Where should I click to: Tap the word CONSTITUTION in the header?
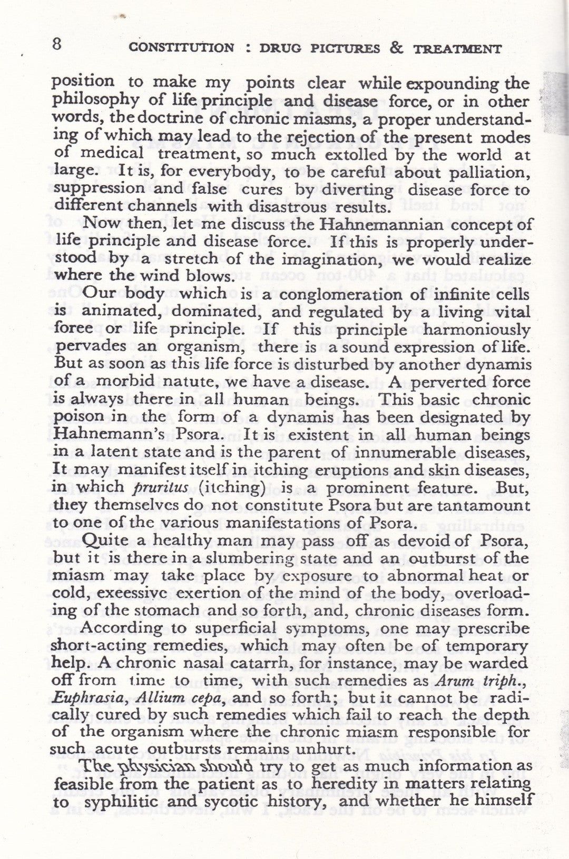[x=182, y=48]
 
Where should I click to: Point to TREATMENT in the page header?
[x=457, y=49]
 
